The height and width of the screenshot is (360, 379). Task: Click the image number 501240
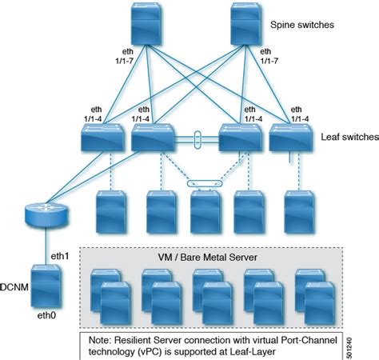[372, 339]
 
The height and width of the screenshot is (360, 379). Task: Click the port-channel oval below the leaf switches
[203, 184]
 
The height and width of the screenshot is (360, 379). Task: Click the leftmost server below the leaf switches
[111, 210]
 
